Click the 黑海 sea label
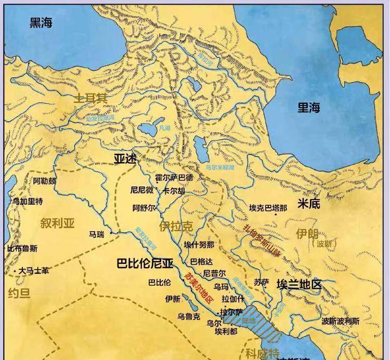(41, 22)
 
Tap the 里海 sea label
(309, 108)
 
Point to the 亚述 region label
(125, 158)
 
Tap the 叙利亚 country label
(58, 223)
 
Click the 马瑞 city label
(97, 235)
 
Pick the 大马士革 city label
(34, 271)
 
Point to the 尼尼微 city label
(142, 190)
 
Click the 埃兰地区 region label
(299, 285)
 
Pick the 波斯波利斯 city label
(340, 321)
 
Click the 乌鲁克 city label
(188, 316)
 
